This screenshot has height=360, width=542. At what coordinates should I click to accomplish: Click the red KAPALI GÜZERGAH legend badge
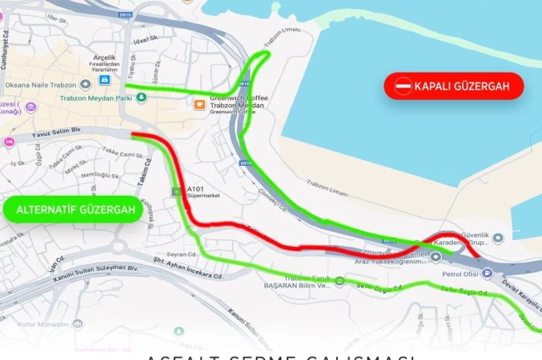(x=454, y=86)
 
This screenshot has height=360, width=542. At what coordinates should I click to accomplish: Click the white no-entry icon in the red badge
(x=404, y=86)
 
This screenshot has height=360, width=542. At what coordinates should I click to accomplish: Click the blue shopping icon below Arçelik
(x=105, y=80)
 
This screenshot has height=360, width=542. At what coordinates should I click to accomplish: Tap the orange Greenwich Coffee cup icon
(x=199, y=104)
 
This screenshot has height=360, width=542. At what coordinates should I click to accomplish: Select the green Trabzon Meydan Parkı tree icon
(x=141, y=97)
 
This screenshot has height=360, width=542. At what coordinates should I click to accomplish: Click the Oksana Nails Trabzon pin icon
(x=85, y=85)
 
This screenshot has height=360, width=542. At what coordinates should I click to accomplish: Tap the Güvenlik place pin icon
(x=498, y=237)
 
